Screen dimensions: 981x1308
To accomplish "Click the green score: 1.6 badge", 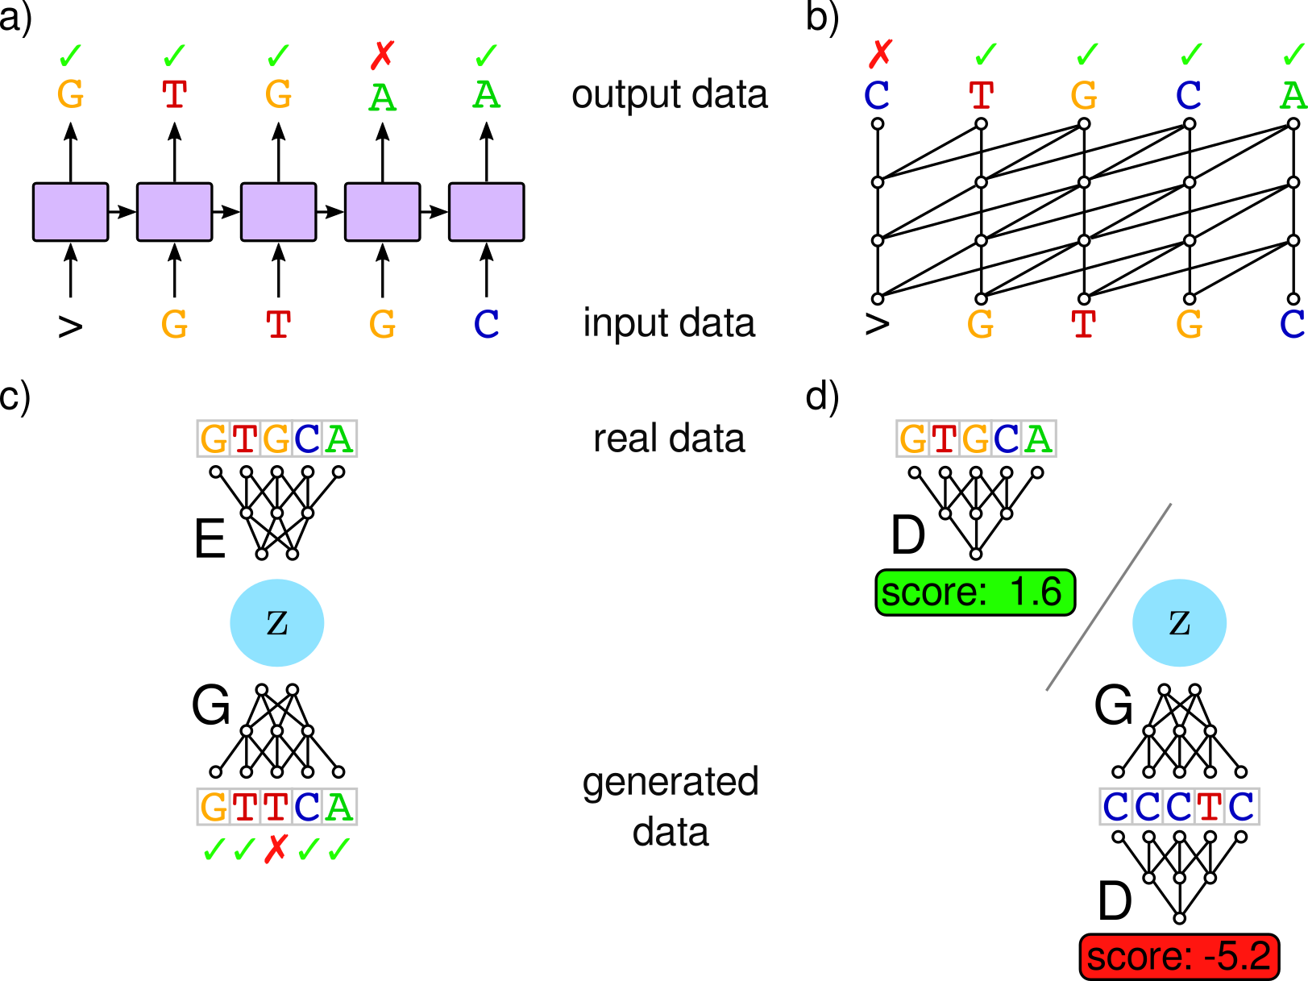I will [x=974, y=592].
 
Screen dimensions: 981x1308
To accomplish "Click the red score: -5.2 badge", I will [x=1178, y=957].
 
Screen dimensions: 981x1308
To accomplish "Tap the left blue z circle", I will [x=276, y=622].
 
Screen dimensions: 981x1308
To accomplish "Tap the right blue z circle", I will [x=1179, y=622].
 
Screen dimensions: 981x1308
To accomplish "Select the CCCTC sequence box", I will [x=1179, y=806].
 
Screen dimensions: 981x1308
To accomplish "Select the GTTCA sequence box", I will [x=276, y=806].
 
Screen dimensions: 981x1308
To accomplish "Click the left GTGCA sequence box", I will [x=276, y=439].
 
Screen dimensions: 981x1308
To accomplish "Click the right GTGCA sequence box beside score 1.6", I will [x=976, y=439].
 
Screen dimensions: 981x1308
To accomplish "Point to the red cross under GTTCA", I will [x=276, y=848].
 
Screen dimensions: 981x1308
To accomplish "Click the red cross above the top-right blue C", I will [x=880, y=54].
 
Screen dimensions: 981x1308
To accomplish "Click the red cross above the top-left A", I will [x=382, y=56].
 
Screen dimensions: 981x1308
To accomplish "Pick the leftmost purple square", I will [x=70, y=212].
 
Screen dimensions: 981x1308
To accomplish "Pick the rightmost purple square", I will [x=486, y=212].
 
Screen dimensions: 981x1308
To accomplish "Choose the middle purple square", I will [x=278, y=212].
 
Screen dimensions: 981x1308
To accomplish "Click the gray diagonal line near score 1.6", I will [x=1108, y=597].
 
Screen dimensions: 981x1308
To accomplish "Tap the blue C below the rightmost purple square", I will [x=486, y=324].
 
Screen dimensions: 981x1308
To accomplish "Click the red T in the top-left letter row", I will [x=174, y=94].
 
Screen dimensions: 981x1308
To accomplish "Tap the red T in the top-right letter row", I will [x=981, y=96].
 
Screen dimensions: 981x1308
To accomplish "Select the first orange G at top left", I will [x=70, y=94].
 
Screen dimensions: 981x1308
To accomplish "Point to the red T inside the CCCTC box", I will [x=1209, y=806].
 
